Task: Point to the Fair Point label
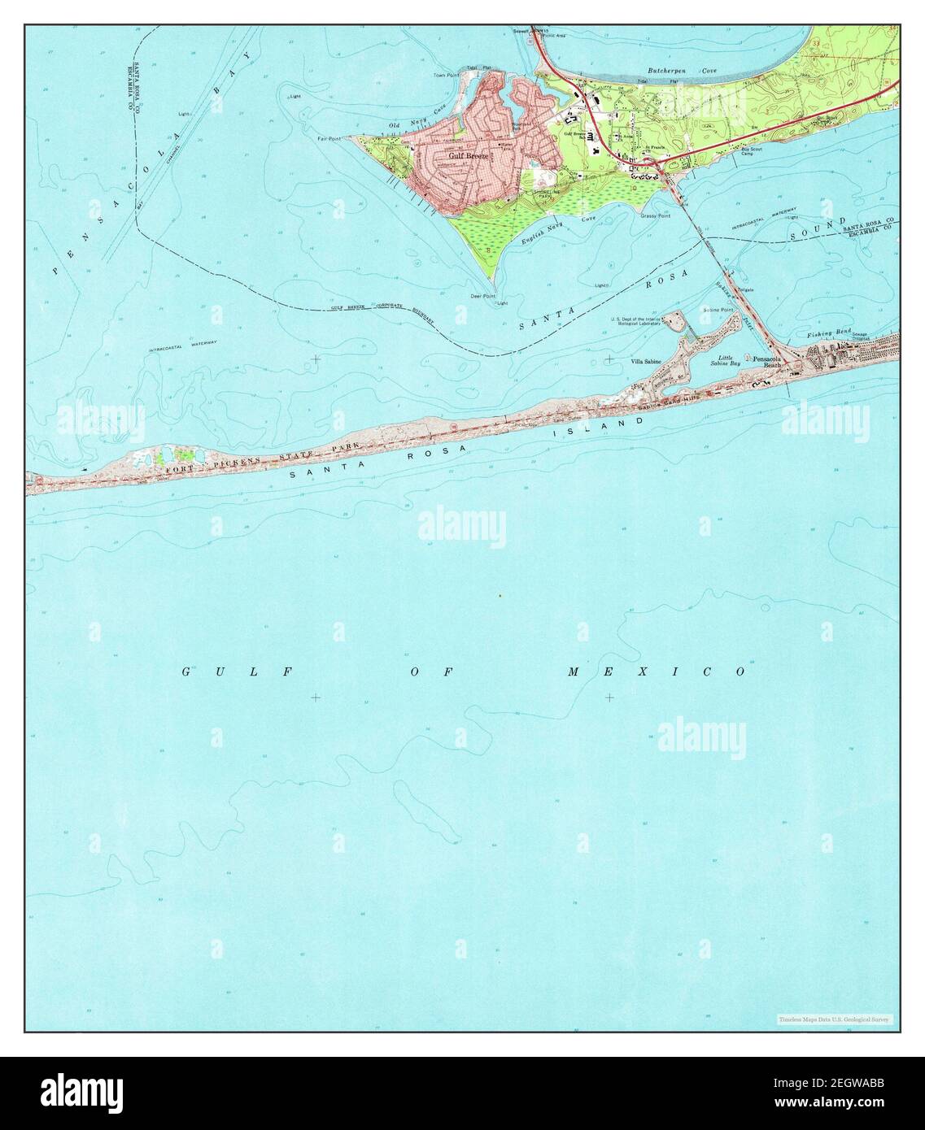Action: click(330, 138)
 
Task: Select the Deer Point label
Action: click(484, 296)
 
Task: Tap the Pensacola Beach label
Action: click(770, 363)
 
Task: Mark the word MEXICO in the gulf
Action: click(657, 671)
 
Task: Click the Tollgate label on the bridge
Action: click(745, 289)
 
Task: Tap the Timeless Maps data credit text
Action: click(835, 1019)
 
